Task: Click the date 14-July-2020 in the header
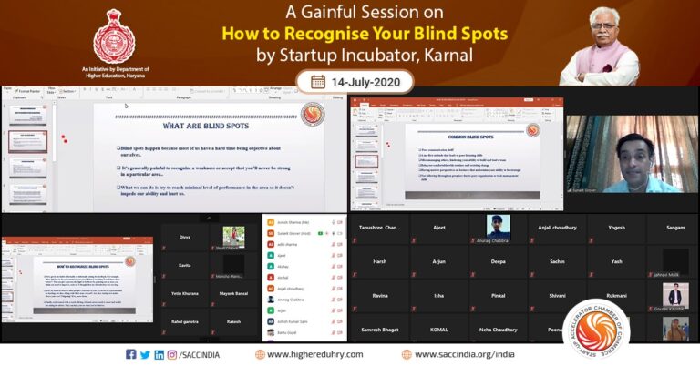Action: point(360,82)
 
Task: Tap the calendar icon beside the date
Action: point(318,82)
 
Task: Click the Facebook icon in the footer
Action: point(131,354)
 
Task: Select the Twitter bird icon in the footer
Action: point(146,354)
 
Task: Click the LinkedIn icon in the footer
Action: point(160,354)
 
